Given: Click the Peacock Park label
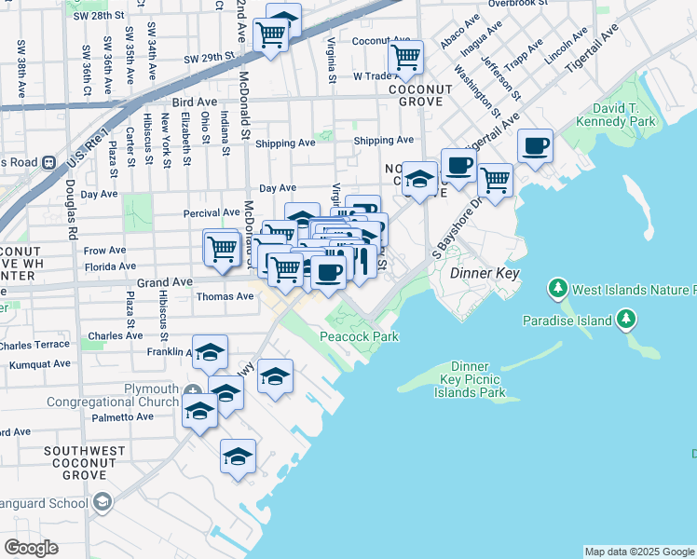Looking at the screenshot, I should [x=360, y=335].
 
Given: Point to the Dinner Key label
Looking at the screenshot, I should [x=484, y=274].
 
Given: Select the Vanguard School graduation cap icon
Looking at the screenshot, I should [x=102, y=503].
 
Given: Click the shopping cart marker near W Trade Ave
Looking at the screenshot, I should [x=405, y=57].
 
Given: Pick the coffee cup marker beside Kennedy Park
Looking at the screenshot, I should [x=535, y=146].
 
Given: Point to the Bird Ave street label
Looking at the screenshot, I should [x=187, y=103].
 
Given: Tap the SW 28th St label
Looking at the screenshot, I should [x=102, y=17].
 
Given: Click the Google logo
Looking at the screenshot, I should [x=32, y=548].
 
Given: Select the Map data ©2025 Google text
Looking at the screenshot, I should [x=638, y=552].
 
